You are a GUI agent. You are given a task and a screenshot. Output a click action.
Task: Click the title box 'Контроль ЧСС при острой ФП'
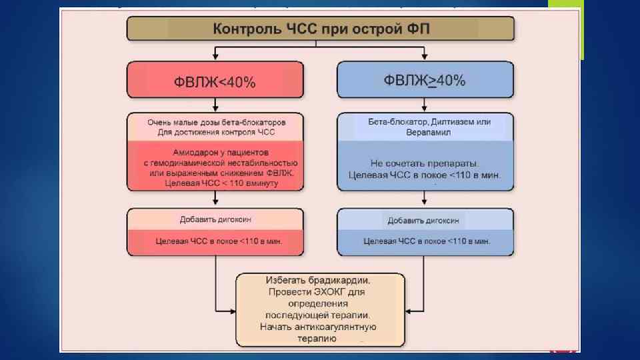tap(321, 29)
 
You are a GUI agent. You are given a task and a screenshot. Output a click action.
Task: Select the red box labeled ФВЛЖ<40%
tap(215, 81)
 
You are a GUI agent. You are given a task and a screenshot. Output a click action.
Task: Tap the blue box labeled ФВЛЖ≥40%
tap(425, 81)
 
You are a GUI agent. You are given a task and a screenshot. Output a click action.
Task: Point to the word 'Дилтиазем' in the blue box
tap(455, 122)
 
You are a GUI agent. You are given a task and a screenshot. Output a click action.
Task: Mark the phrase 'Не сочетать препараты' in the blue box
tap(425, 163)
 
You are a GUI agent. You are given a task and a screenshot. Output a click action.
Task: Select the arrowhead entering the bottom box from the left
tap(233, 310)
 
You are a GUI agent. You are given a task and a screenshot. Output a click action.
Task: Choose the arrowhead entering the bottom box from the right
tap(408, 310)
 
